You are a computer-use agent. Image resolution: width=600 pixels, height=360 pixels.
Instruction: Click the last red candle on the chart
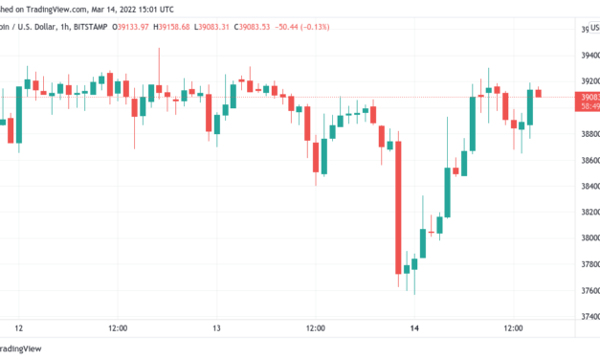[x=539, y=93]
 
